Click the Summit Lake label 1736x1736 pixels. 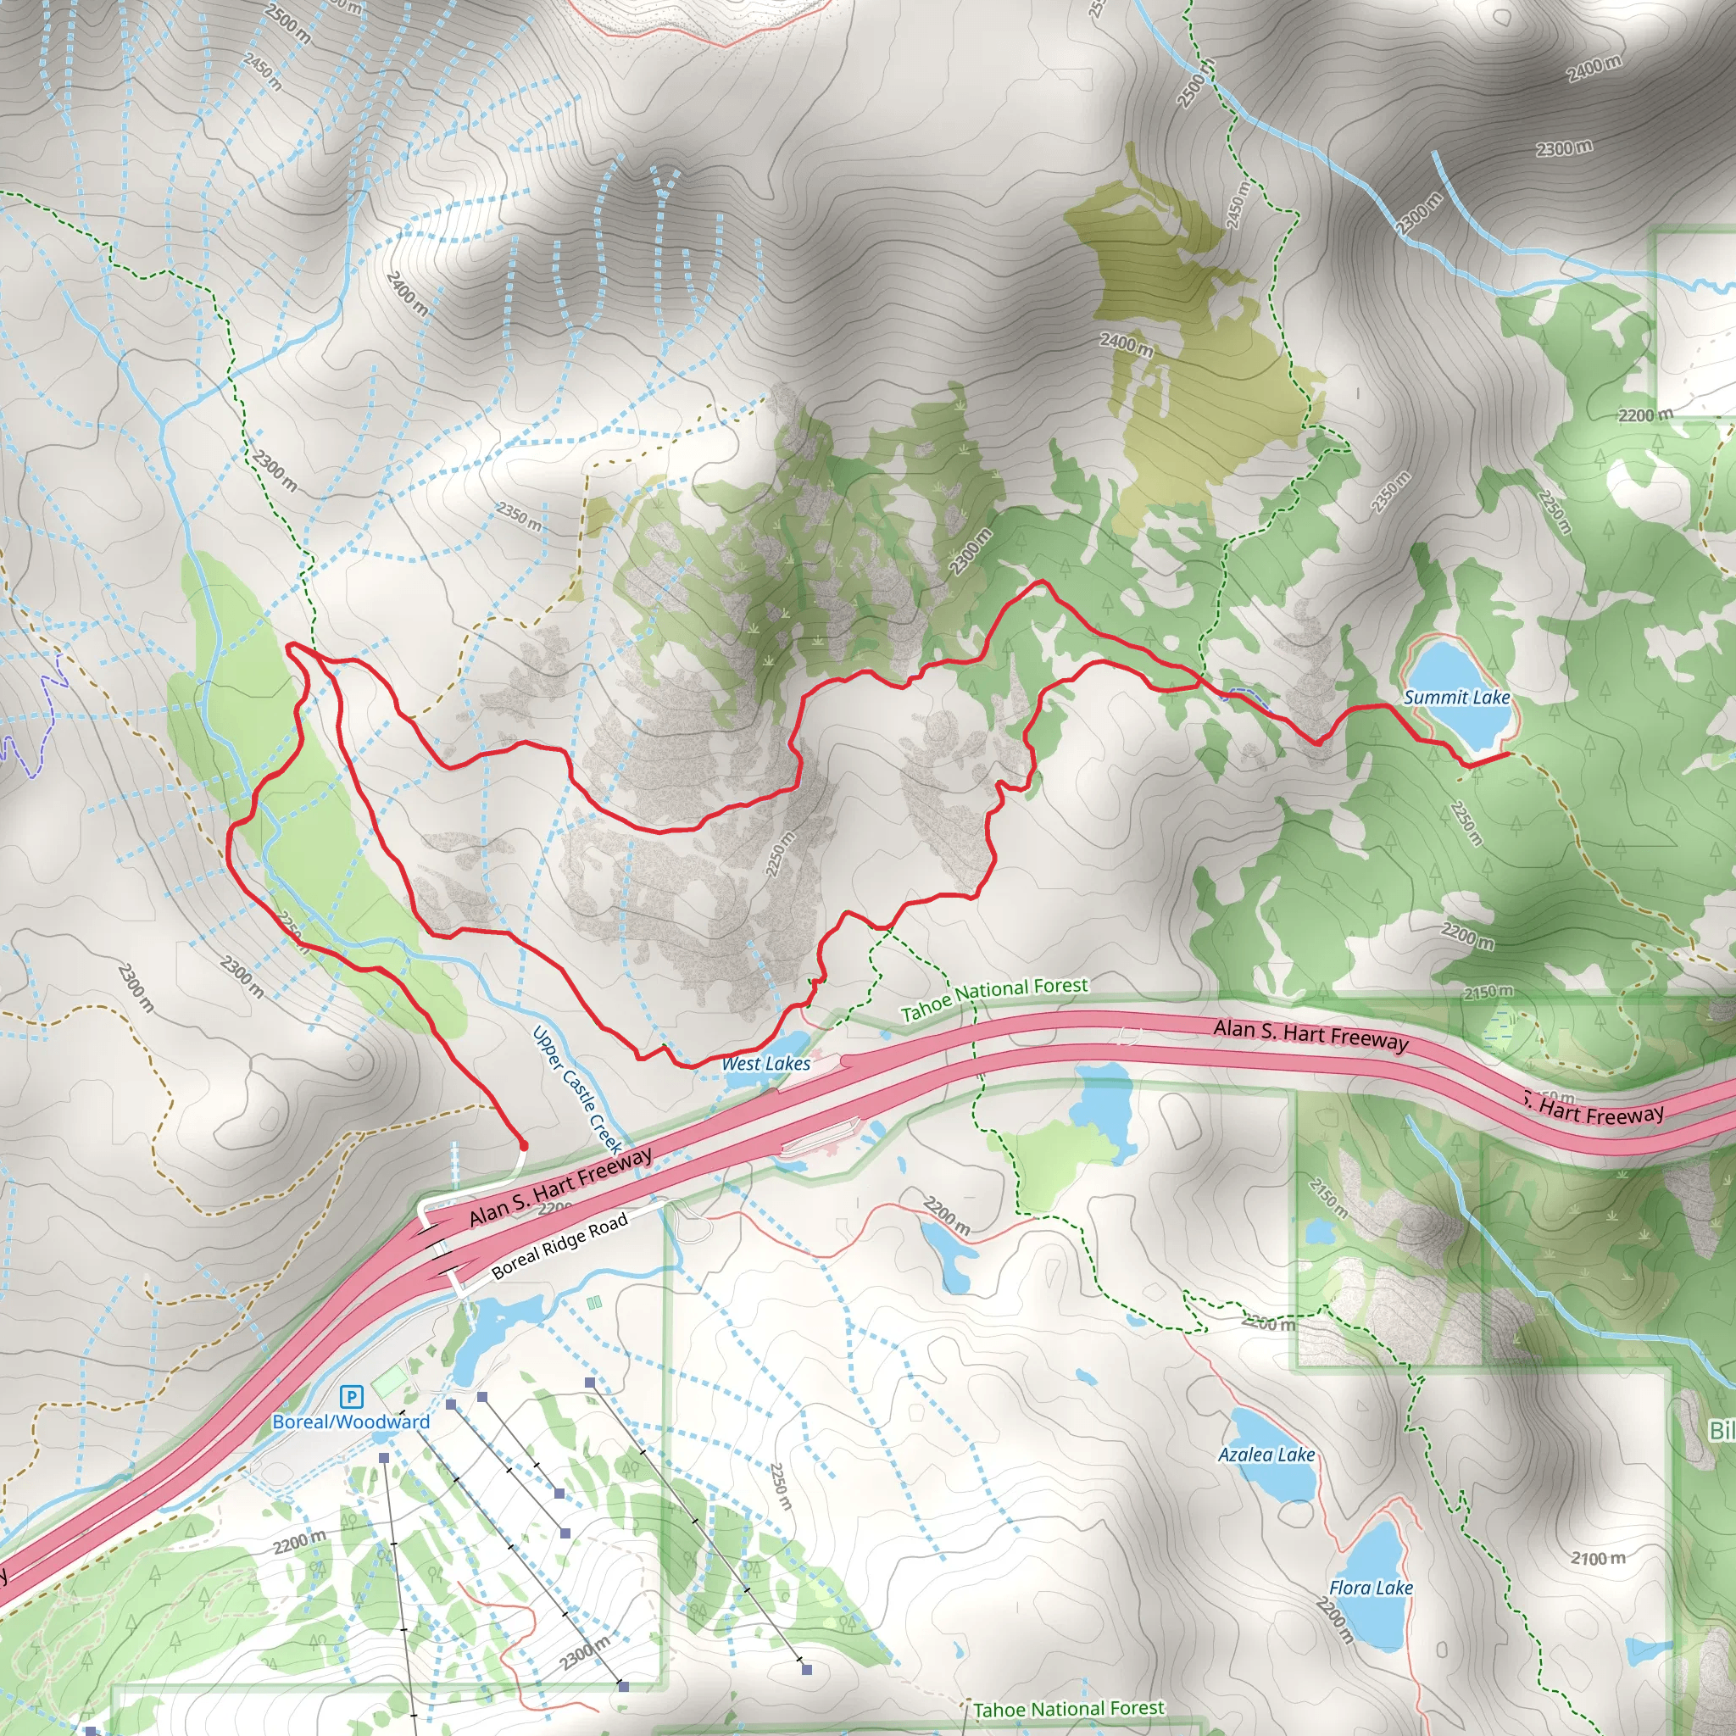[1456, 698]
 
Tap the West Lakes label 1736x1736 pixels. [765, 1064]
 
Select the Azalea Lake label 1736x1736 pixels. [1266, 1455]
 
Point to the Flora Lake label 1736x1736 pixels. [1371, 1588]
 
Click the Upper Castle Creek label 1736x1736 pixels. [577, 1089]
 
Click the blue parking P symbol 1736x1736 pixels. [351, 1396]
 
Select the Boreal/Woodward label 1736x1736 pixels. [351, 1422]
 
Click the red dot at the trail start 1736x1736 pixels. [523, 1146]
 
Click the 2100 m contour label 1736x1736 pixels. [1598, 1559]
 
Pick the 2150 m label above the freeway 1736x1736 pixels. [1488, 993]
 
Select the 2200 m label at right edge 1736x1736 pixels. [1645, 415]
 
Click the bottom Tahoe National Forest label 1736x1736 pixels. [1068, 1708]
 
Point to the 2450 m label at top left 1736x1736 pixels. [263, 71]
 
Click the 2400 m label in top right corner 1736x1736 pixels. [1594, 70]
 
